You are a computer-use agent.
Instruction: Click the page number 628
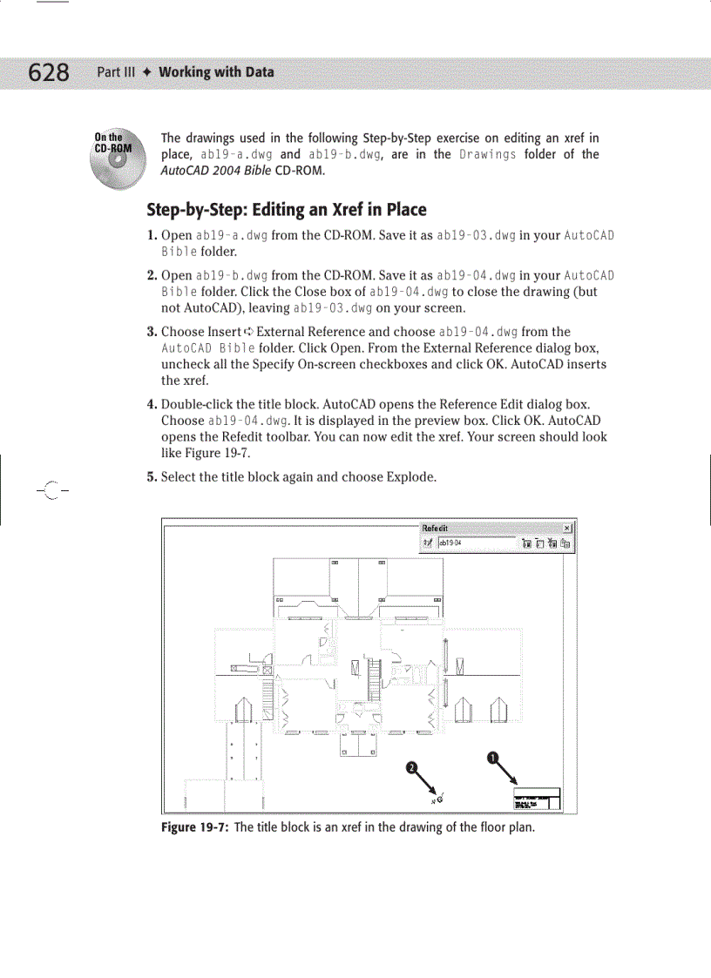point(49,72)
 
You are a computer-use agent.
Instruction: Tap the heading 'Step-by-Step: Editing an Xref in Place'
point(287,209)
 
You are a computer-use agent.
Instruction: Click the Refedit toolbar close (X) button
point(567,528)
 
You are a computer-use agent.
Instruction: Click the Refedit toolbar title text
point(437,528)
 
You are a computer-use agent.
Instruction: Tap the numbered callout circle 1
point(492,758)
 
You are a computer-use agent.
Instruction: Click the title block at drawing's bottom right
point(537,799)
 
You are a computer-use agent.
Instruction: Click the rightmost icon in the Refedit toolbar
point(566,543)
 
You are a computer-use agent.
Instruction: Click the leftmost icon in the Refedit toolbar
point(427,543)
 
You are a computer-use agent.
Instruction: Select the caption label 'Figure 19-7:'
point(195,826)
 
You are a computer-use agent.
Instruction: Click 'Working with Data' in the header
point(216,72)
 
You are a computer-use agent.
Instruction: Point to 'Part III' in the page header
point(116,72)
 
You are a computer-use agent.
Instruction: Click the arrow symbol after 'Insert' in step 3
point(249,332)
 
